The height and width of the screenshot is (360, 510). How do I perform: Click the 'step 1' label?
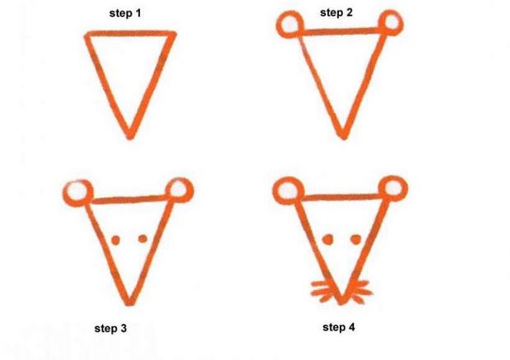[x=125, y=14]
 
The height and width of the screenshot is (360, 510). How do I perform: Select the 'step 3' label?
[x=110, y=329]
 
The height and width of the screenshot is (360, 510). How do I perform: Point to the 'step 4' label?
[x=339, y=327]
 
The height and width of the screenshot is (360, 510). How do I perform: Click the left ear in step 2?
[x=290, y=25]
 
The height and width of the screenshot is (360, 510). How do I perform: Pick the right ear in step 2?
[x=391, y=22]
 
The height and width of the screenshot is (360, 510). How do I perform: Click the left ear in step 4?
[x=287, y=191]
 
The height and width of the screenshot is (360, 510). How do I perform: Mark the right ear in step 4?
[x=393, y=188]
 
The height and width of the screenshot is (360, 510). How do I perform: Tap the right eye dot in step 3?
[x=142, y=238]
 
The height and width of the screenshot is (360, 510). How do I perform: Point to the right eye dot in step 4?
[x=356, y=238]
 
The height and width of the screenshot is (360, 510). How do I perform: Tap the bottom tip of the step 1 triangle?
[x=130, y=135]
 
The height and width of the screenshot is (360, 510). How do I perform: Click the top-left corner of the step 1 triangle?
[x=88, y=35]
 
